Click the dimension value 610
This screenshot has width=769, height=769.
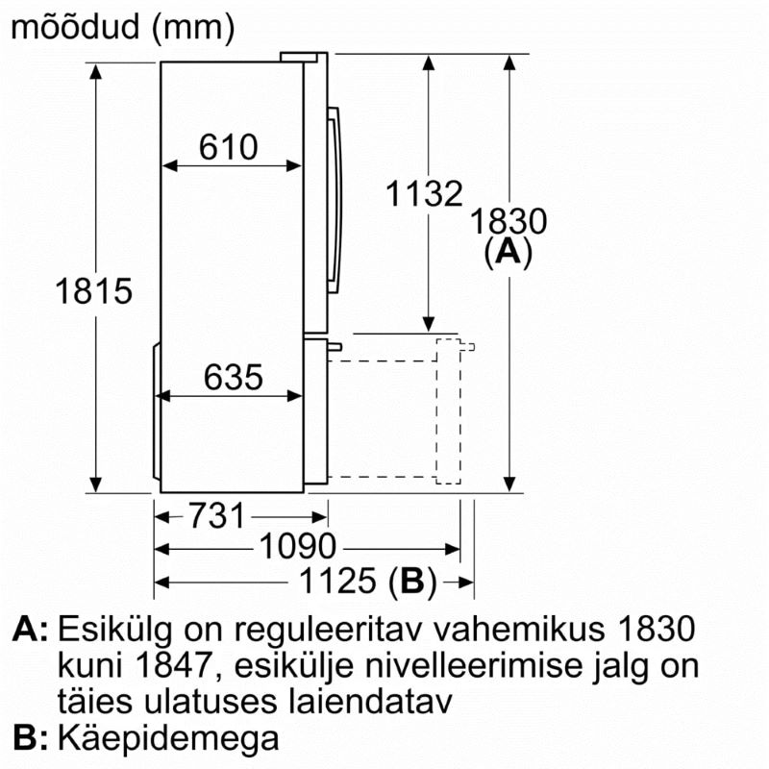228,147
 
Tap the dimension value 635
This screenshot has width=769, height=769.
234,377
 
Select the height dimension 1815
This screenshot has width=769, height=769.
93,291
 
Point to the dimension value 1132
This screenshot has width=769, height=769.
424,193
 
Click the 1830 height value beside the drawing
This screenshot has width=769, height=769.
509,221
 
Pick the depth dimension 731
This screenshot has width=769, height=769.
217,516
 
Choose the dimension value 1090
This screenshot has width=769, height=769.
298,546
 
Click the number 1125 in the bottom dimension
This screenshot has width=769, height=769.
337,581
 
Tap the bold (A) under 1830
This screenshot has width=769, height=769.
509,253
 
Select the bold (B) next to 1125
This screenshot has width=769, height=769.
412,582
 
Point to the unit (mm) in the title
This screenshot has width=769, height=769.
193,29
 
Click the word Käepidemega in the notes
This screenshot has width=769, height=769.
168,738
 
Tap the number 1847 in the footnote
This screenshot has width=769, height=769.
172,665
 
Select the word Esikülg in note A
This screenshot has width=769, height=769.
115,631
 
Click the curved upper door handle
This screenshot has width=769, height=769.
334,200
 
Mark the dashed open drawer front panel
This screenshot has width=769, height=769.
448,411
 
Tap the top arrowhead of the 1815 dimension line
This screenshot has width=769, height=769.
95,71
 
